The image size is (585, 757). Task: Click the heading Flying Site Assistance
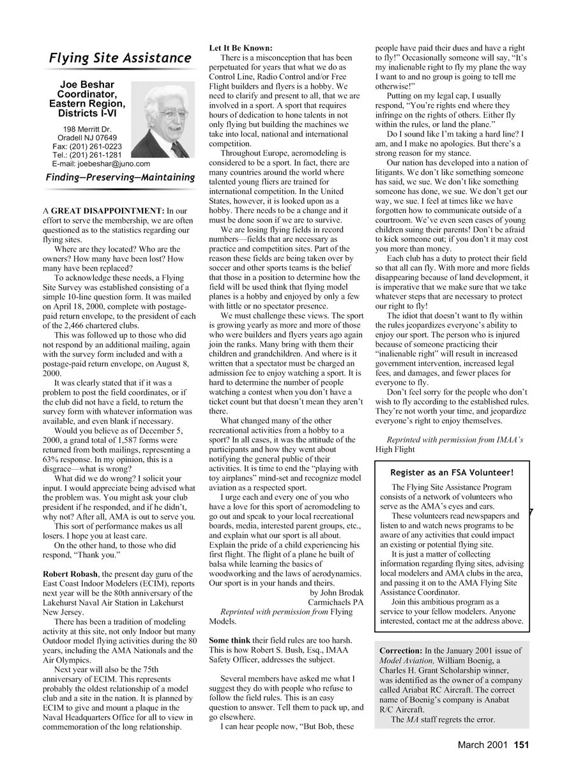pyautogui.click(x=120, y=58)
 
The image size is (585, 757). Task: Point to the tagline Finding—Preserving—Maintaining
pyautogui.click(x=120, y=177)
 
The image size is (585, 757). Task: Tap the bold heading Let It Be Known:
pyautogui.click(x=241, y=48)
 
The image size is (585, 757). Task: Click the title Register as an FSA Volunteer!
pyautogui.click(x=452, y=472)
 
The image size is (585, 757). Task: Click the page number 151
pyautogui.click(x=522, y=744)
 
